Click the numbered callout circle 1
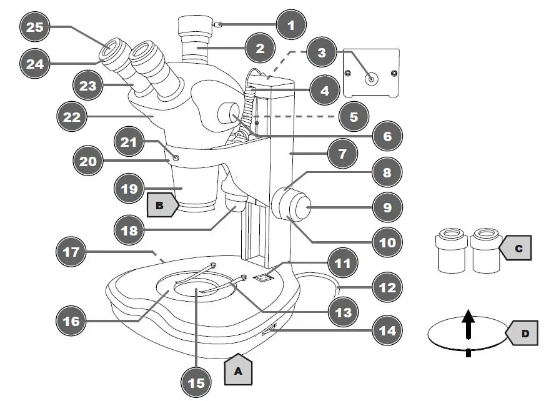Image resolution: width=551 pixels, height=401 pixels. (x=290, y=25)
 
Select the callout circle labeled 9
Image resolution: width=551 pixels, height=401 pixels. (x=387, y=207)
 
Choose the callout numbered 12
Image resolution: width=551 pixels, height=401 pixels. (x=387, y=288)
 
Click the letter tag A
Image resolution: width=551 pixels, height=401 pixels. (x=237, y=369)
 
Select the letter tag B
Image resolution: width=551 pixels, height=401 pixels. (x=159, y=205)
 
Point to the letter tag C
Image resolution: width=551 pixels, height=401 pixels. (x=517, y=248)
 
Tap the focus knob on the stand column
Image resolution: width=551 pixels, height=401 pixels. (x=294, y=206)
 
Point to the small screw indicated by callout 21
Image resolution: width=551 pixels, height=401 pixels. (x=176, y=158)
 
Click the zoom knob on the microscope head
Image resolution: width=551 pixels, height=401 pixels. (x=229, y=116)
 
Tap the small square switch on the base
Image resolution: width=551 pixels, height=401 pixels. (x=264, y=275)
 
